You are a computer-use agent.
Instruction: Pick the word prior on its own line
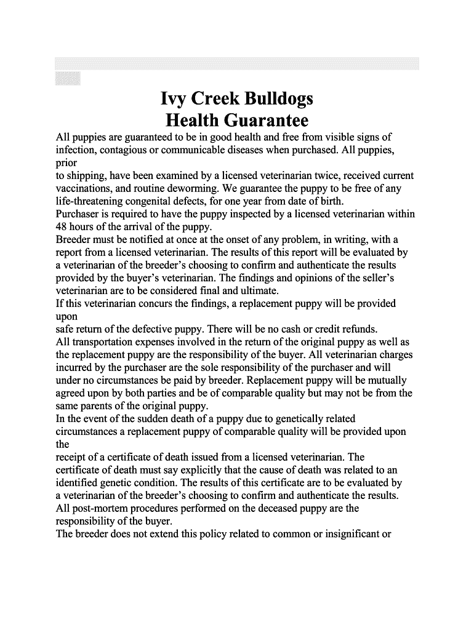[x=66, y=162]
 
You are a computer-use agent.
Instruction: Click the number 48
[x=62, y=227]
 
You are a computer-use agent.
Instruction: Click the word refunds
[x=360, y=329]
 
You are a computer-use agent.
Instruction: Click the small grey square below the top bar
[x=67, y=78]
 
